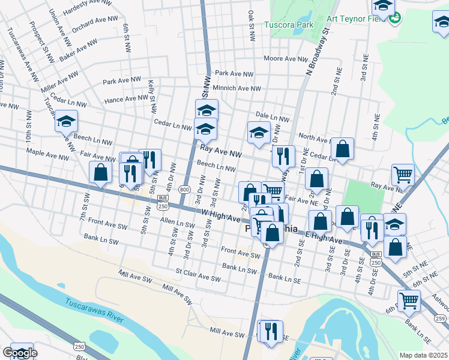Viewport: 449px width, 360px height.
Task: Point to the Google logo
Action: tap(19, 353)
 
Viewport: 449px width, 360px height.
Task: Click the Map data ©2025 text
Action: tap(423, 355)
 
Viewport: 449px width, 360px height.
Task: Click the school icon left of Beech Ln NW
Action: tap(67, 121)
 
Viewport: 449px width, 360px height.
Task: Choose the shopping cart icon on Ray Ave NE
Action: tap(403, 175)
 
